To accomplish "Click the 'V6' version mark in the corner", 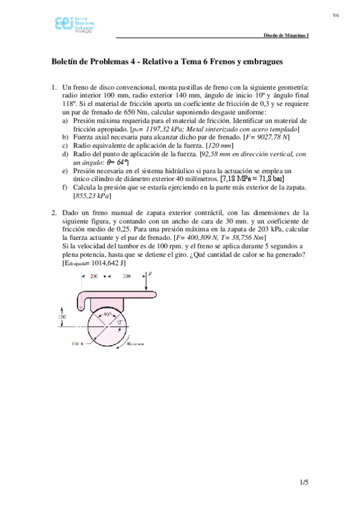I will tap(337, 15).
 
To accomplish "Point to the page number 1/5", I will tap(304, 482).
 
